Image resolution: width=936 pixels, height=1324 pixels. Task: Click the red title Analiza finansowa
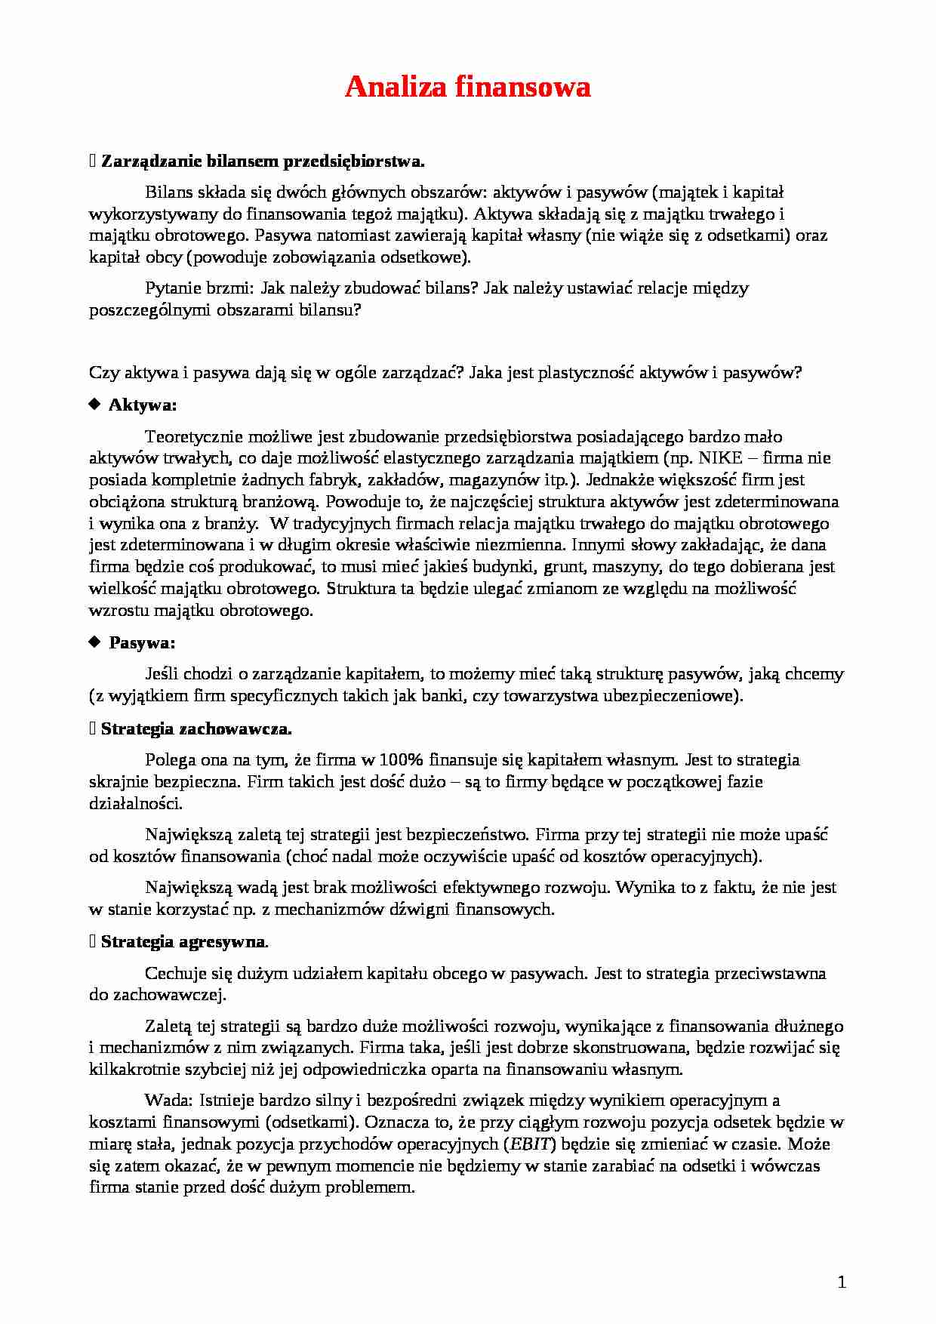point(467,88)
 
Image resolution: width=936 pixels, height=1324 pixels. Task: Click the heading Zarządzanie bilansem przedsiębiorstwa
point(263,161)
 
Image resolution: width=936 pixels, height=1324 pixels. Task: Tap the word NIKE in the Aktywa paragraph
point(723,458)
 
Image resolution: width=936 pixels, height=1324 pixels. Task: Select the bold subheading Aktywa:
point(143,405)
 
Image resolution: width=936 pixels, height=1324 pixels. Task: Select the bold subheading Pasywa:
point(142,643)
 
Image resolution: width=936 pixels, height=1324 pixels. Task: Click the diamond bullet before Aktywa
point(94,405)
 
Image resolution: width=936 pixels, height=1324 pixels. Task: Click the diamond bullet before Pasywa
point(94,642)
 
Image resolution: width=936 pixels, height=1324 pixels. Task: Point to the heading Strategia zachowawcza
point(196,729)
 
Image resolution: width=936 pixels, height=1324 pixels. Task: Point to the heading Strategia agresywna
point(184,942)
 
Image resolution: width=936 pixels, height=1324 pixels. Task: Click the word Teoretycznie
point(190,436)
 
